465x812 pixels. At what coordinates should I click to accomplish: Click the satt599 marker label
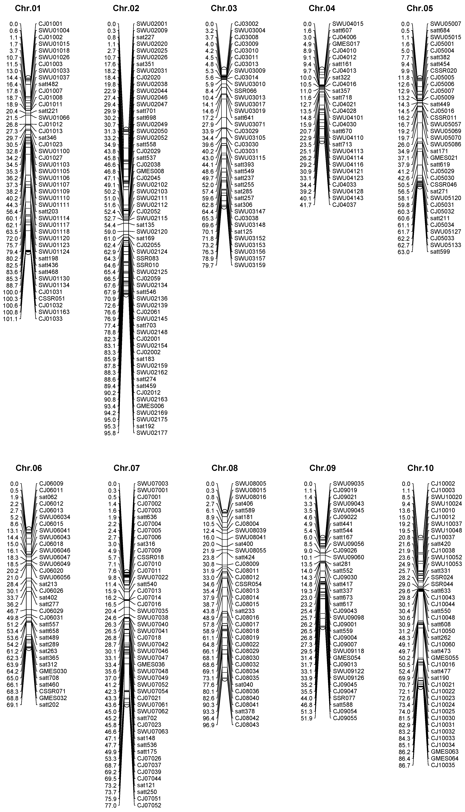[440, 252]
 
